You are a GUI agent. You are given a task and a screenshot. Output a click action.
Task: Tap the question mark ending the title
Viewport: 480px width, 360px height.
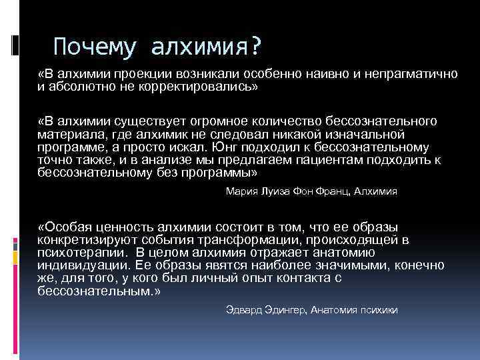(255, 47)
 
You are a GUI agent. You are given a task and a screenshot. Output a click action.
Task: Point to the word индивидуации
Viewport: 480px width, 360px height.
(80, 265)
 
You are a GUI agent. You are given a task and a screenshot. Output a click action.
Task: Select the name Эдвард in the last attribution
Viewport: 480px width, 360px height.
(241, 311)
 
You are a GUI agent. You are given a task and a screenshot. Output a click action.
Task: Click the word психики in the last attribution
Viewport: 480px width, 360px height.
(378, 311)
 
